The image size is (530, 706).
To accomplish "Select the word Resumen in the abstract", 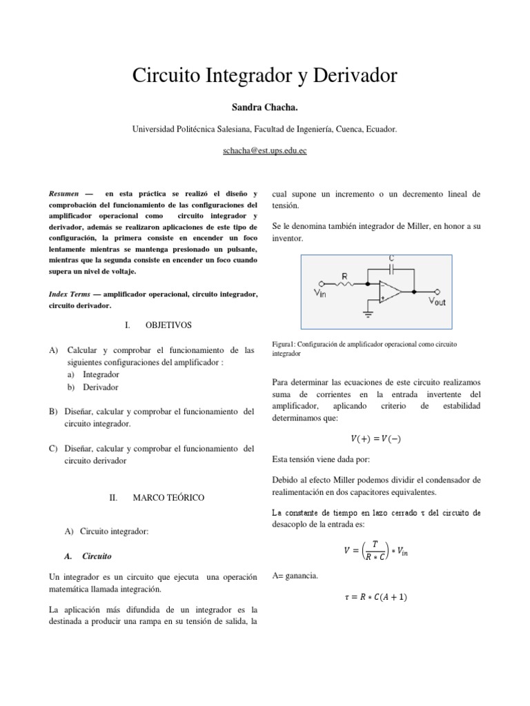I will [63, 194].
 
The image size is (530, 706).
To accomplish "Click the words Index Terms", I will [70, 294].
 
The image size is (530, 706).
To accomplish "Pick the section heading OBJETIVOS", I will [168, 324].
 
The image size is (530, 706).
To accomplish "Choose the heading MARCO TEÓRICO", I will [168, 497].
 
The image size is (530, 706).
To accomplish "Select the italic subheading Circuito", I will [97, 555].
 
